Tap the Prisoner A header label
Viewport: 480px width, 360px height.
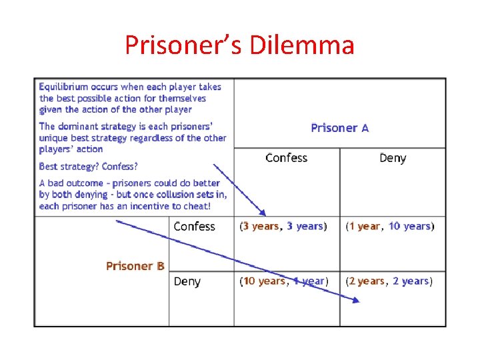(x=339, y=127)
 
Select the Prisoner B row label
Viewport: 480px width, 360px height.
(x=135, y=266)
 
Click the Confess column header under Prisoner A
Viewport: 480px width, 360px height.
(x=286, y=158)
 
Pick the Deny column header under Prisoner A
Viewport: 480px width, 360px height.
(x=392, y=158)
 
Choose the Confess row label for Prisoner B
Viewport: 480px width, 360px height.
(x=194, y=227)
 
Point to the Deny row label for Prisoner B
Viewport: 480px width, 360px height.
(x=187, y=281)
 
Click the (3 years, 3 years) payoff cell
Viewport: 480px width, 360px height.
(x=283, y=227)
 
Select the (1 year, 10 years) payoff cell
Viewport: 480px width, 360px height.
(x=389, y=227)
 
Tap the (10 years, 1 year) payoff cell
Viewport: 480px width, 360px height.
(x=283, y=281)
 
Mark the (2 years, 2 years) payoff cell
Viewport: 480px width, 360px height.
(x=389, y=281)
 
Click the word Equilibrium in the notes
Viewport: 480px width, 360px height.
(x=65, y=87)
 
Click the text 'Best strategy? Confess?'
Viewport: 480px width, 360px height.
(x=88, y=166)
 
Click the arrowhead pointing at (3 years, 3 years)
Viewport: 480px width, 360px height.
(x=263, y=212)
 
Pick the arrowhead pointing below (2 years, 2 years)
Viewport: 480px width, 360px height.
(x=355, y=301)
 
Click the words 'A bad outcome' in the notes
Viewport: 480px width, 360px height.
(x=72, y=183)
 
